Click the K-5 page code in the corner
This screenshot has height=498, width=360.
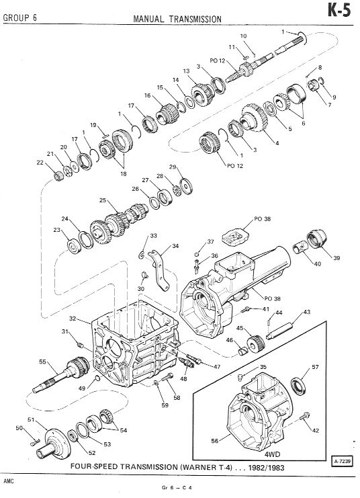339,11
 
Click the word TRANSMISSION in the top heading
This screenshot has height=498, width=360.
195,19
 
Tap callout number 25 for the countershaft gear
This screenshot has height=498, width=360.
103,200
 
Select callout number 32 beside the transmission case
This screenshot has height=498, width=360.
73,319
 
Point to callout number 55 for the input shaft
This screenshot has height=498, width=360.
42,362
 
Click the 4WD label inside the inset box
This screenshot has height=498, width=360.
273,454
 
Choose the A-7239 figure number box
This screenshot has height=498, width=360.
343,460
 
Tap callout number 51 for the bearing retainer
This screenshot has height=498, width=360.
31,419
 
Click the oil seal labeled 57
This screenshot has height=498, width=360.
298,385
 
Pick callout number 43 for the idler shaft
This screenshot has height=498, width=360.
307,313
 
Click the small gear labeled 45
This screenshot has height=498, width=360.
256,343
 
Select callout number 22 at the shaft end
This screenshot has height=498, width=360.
40,162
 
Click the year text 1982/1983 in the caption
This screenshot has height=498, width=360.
267,468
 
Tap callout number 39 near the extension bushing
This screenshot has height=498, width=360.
336,258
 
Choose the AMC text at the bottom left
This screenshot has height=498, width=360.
9,481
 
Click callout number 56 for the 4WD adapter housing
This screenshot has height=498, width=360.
215,441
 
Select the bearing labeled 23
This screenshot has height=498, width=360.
75,245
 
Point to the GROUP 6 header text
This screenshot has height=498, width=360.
19,17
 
